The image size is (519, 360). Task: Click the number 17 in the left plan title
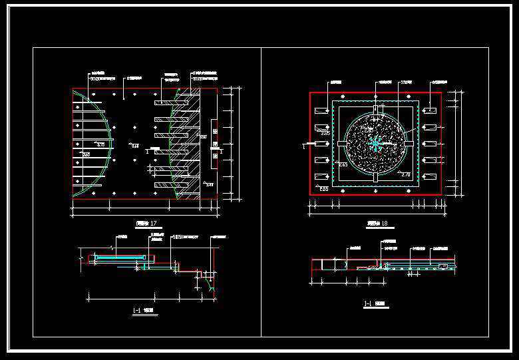154,222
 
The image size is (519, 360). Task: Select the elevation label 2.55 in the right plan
325,134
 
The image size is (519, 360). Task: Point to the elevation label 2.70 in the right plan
406,174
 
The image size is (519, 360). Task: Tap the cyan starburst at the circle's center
376,143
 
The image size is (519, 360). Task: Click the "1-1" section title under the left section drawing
136,310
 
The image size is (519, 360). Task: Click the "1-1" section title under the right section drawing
367,305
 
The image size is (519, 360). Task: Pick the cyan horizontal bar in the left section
120,256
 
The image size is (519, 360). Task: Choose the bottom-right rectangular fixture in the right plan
429,176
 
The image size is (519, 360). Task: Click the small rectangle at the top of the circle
376,109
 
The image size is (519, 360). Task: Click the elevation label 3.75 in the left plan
101,144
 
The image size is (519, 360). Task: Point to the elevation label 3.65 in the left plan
85,154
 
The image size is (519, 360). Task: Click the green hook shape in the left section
212,287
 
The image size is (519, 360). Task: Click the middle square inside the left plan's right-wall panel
214,143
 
